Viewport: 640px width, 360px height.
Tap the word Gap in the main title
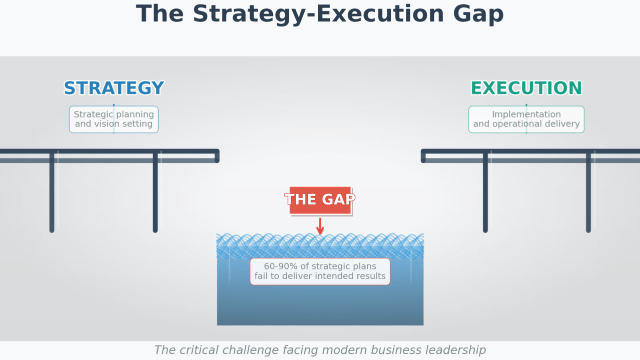tap(478, 15)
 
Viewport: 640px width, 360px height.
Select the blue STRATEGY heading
tap(114, 88)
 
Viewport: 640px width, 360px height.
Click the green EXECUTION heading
tap(526, 88)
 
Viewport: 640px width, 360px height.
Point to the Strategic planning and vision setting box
tap(114, 119)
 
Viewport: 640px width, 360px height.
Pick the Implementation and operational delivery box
tap(526, 119)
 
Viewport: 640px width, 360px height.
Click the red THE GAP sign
tap(320, 200)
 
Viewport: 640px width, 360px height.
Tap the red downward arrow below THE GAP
tap(320, 226)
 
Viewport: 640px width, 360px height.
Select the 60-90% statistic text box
tap(320, 271)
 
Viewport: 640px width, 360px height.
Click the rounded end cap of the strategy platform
tap(217, 156)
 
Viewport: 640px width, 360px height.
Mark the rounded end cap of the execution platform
tap(423, 156)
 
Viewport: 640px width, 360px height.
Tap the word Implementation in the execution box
tap(526, 114)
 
